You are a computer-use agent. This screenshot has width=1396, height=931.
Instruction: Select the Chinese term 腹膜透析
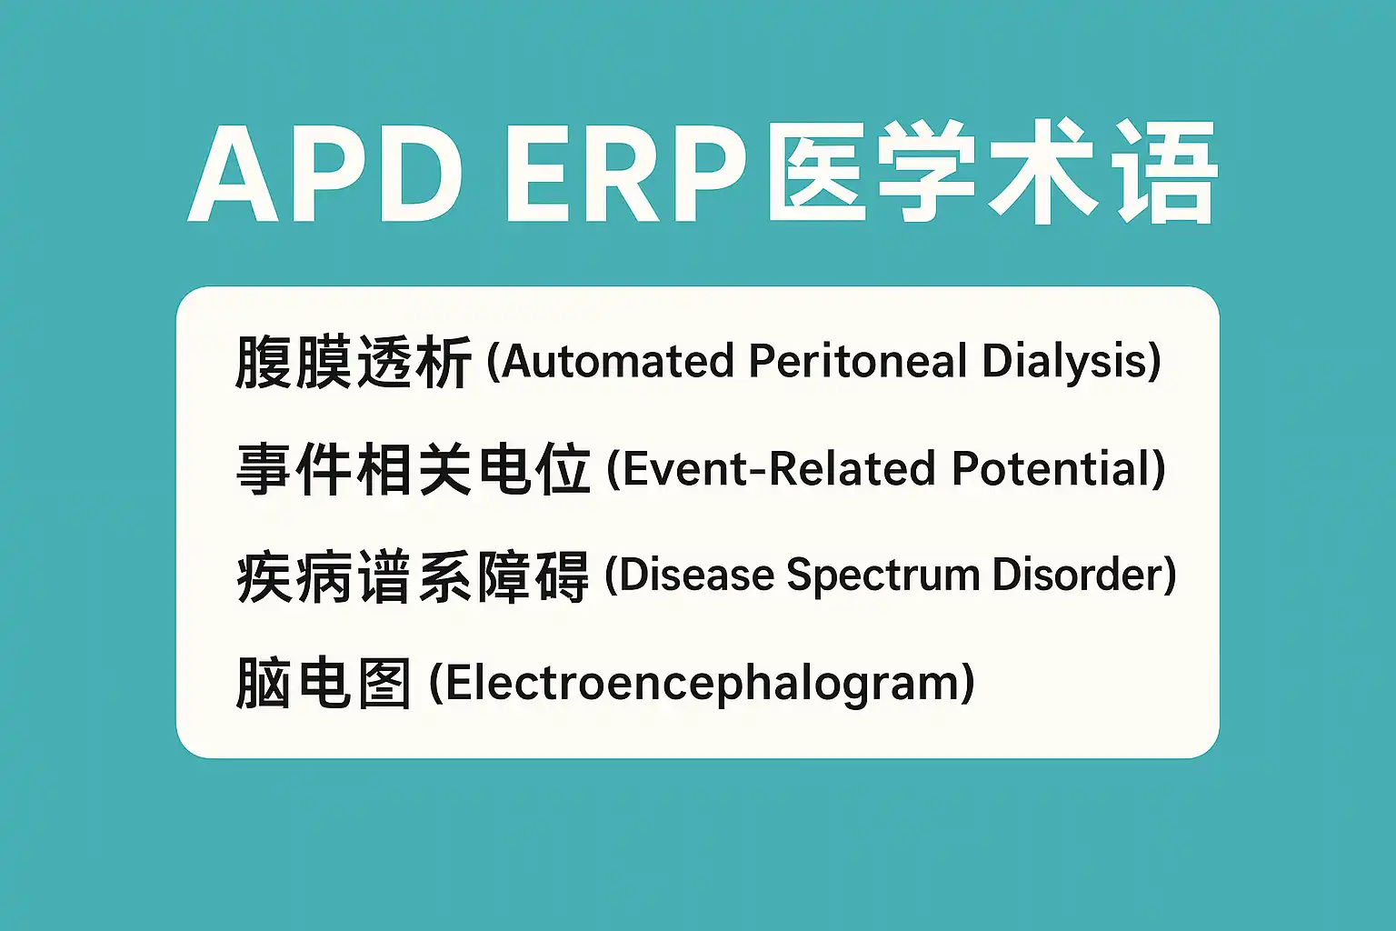(353, 362)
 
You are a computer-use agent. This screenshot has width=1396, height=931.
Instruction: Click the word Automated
(618, 361)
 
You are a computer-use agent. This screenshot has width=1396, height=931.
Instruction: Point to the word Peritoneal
(858, 361)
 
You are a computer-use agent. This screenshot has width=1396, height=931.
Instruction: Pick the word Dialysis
(1064, 363)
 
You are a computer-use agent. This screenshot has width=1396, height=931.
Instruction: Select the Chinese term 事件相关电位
(414, 469)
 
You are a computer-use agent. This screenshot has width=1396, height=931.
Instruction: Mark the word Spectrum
(882, 576)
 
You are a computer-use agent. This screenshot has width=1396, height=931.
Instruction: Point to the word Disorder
(1076, 574)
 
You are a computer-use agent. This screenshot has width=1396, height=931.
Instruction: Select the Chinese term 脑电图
(324, 682)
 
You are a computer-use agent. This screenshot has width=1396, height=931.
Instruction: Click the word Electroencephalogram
(702, 684)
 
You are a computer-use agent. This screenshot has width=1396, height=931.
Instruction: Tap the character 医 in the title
(817, 172)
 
